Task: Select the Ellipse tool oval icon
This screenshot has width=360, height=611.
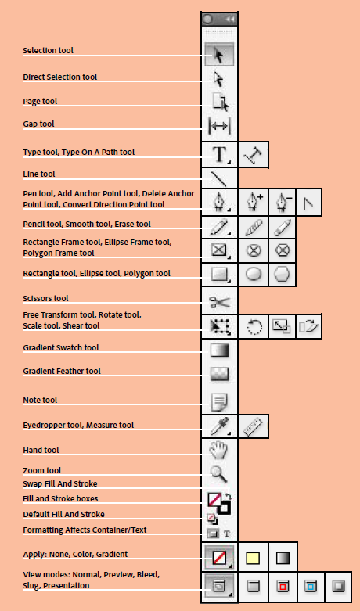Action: coord(254,275)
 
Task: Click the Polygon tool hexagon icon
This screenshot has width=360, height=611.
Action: coord(283,275)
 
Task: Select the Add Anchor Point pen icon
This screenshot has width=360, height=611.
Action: coord(254,203)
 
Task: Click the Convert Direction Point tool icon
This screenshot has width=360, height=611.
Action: coord(310,203)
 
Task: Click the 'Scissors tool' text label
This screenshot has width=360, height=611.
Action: coord(46,298)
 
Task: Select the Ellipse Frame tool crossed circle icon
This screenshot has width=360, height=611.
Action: coord(254,251)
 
